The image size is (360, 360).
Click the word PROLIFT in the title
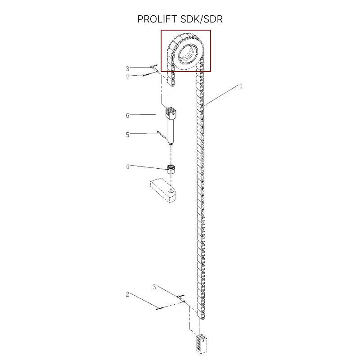[x=157, y=19]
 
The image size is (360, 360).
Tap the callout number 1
[x=241, y=86]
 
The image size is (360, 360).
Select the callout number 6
[x=127, y=116]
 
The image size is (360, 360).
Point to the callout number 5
[x=127, y=135]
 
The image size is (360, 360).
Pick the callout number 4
[x=127, y=166]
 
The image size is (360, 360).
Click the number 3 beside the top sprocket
[x=127, y=69]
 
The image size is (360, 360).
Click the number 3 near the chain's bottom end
[x=154, y=287]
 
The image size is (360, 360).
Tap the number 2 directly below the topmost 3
[x=128, y=77]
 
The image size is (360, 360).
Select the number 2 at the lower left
[x=127, y=294]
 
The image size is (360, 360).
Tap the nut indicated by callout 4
[x=171, y=170]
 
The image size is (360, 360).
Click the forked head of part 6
[x=171, y=113]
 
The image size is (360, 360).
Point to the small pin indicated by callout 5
[x=162, y=135]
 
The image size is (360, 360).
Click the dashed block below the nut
[x=163, y=190]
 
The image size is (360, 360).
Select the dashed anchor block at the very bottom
[x=201, y=344]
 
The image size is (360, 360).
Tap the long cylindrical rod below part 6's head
[x=171, y=130]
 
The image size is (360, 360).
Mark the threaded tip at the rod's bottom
[x=171, y=144]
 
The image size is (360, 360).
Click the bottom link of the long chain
[x=202, y=316]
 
